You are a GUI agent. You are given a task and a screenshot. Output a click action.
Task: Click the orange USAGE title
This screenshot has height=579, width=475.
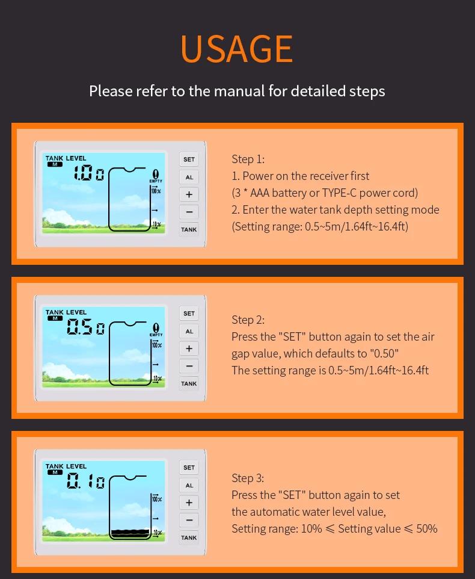(x=237, y=49)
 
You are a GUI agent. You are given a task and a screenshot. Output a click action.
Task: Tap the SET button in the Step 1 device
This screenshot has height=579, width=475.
(x=189, y=159)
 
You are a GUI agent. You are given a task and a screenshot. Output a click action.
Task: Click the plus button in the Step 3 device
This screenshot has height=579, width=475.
(x=189, y=503)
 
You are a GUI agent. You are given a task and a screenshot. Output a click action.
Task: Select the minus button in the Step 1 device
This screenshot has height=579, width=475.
(x=189, y=212)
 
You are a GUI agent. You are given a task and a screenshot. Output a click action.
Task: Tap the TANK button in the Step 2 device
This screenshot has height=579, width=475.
(x=189, y=383)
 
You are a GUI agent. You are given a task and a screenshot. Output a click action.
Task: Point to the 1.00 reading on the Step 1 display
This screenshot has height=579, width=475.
(x=89, y=173)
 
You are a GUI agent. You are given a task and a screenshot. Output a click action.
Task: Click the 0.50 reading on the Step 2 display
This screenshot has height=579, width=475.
(x=86, y=327)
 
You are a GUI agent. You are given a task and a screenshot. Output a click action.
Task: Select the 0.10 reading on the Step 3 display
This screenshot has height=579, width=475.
(x=86, y=481)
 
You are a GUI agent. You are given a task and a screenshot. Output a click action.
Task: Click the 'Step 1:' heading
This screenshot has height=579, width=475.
(x=248, y=159)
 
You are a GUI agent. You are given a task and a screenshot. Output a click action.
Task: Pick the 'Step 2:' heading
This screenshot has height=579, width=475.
(x=248, y=320)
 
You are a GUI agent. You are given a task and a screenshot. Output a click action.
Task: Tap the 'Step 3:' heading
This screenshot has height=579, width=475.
(x=248, y=478)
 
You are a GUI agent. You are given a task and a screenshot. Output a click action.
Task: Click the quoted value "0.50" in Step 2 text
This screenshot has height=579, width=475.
(x=383, y=353)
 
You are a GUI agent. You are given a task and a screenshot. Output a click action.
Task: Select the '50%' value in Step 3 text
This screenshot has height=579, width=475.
(x=427, y=529)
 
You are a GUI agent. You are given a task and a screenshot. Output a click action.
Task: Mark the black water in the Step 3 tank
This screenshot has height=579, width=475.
(x=130, y=533)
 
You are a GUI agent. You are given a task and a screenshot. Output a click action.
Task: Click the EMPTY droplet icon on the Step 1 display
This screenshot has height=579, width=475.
(x=156, y=174)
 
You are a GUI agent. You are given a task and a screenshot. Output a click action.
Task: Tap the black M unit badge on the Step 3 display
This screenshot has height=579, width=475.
(x=55, y=472)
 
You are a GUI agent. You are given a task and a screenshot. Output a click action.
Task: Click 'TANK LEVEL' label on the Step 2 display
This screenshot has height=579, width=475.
(x=66, y=312)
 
